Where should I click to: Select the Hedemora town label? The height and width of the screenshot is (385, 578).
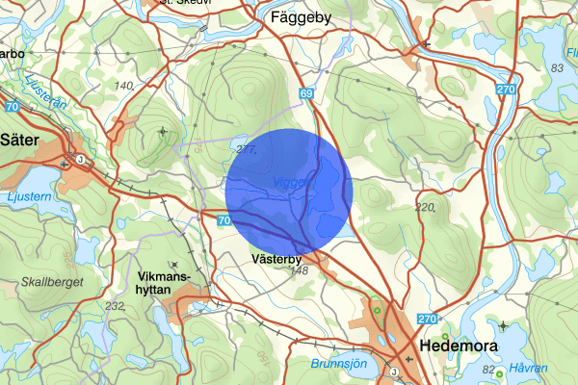[458, 345]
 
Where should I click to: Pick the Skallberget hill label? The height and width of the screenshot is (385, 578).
[50, 282]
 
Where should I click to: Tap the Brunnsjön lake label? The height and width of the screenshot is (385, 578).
[339, 364]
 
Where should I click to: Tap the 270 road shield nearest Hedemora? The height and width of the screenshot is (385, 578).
[429, 319]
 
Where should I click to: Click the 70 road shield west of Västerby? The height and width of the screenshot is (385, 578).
[223, 220]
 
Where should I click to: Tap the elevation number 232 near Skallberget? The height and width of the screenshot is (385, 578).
[117, 306]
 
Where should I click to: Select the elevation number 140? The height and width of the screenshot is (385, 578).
[123, 87]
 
